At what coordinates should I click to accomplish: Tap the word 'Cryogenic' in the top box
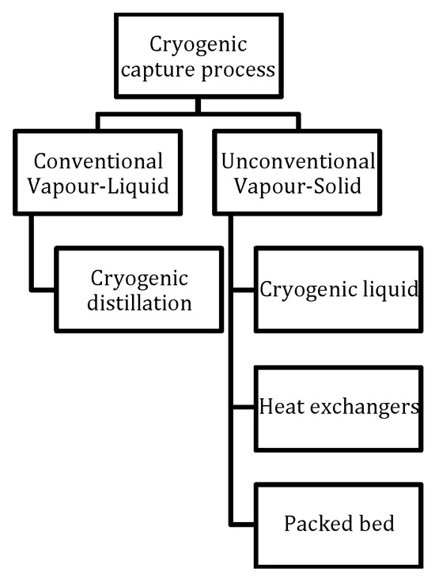pos(199,43)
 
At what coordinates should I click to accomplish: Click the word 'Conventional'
pos(100,162)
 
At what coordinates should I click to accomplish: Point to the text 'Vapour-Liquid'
pos(100,189)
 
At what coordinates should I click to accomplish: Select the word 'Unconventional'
pos(299,162)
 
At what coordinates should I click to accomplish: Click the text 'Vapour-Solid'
pos(299,189)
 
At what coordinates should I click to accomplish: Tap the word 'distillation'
pos(140,303)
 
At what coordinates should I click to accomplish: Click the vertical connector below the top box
pos(198,104)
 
